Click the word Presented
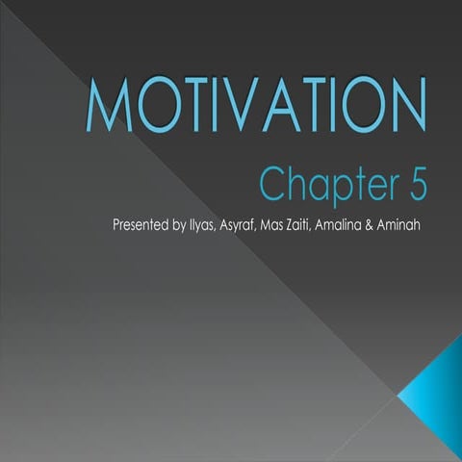click(143, 227)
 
